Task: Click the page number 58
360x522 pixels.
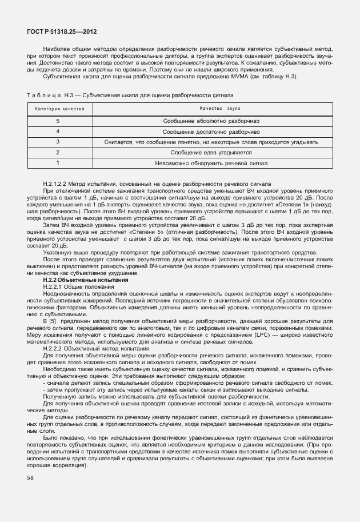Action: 30,477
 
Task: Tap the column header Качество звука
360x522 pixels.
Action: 211,108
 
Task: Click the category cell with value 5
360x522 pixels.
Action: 58,121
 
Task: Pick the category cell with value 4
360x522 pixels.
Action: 58,132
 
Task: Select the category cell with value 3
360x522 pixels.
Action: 58,142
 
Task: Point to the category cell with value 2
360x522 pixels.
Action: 58,152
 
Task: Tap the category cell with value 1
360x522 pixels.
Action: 58,163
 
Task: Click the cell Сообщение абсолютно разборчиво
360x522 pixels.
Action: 211,121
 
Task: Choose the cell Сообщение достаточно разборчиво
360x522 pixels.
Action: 211,132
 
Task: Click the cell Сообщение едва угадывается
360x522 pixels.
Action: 211,152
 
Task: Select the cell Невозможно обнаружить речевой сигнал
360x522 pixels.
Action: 211,163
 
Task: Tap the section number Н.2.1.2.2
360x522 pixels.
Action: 59,183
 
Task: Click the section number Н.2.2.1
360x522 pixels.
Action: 55,286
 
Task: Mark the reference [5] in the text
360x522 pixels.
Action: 53,322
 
